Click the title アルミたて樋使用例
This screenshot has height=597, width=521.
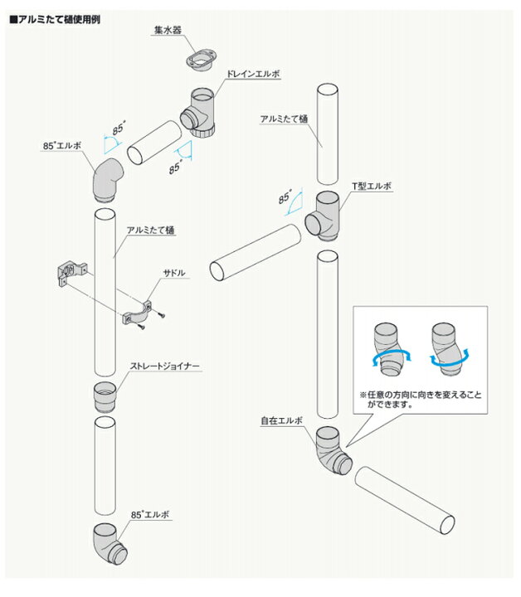coord(56,19)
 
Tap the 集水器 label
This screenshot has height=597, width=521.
coord(168,30)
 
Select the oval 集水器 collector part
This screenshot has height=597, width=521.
coord(201,60)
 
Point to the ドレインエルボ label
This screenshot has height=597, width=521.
coord(253,74)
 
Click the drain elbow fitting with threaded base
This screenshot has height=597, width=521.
coord(198,113)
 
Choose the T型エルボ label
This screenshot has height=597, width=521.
coord(372,186)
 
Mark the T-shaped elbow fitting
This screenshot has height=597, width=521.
coord(322,216)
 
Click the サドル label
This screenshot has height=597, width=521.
coord(174,273)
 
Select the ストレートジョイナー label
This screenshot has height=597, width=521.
coord(164,366)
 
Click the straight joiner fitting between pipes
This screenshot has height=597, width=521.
coord(105,397)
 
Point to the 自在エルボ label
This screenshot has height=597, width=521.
coord(281,420)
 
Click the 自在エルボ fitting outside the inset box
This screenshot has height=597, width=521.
coord(333,451)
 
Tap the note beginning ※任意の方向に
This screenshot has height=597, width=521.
coord(420,400)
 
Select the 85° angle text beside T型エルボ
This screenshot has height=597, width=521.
coord(285,197)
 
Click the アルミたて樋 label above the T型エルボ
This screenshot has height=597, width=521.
coord(284,119)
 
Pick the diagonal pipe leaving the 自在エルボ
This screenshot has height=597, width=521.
coord(405,500)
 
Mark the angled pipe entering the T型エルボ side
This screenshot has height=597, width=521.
coord(256,253)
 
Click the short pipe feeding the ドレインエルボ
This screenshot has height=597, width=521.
coord(154,143)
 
